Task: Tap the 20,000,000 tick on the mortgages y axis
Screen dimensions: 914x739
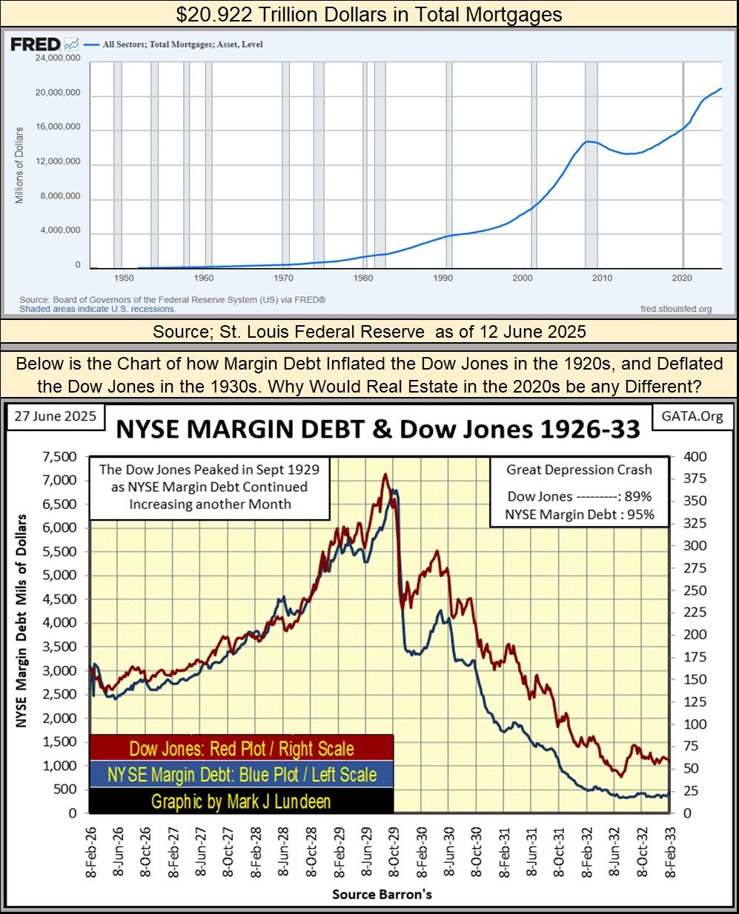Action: pos(58,93)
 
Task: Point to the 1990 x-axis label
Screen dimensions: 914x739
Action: pos(443,278)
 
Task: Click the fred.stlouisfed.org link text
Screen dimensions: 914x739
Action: pos(675,309)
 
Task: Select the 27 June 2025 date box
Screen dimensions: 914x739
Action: pos(56,416)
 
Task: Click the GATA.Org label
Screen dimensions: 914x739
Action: pos(692,416)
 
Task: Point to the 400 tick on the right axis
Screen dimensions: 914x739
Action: pos(695,457)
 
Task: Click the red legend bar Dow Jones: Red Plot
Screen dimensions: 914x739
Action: pos(241,748)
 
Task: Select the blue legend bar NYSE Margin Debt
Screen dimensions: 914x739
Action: pos(241,775)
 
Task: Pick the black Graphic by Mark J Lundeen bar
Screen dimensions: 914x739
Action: pos(241,801)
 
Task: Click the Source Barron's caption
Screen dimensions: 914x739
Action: pos(382,894)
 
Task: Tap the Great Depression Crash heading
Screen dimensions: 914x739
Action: pos(579,470)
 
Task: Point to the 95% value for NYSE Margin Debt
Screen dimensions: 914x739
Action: pos(639,515)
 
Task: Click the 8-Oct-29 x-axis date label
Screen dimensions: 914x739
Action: pos(394,852)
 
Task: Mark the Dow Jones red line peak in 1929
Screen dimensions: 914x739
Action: pos(385,475)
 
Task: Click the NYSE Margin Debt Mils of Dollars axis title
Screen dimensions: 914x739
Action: pos(21,621)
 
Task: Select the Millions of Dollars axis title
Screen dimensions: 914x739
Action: pos(20,165)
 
